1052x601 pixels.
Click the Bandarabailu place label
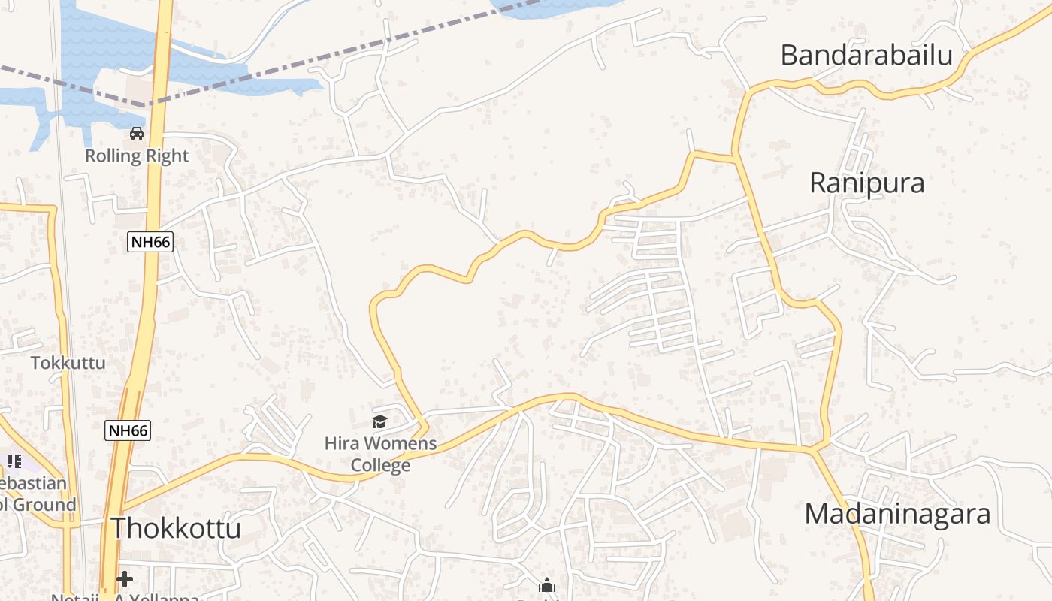coord(866,55)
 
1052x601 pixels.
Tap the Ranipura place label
coord(866,183)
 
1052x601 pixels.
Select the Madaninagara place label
coord(897,515)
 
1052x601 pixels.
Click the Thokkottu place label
coord(176,527)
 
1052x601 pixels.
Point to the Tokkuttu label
coord(68,363)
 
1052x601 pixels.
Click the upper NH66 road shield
coord(150,241)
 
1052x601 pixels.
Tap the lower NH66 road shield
coord(128,430)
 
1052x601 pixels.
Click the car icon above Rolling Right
coord(137,134)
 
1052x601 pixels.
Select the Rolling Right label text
coord(137,156)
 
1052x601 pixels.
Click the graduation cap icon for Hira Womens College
coord(380,422)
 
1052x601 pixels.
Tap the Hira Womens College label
coord(380,455)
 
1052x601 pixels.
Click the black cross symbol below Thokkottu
coord(125,579)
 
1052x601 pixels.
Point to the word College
coord(380,466)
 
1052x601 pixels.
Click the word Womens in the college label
coord(399,444)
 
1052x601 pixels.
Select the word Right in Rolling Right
coord(168,156)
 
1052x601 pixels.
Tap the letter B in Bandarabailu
coord(789,55)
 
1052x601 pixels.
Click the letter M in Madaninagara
coord(817,515)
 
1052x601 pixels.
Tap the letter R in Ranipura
coord(818,183)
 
